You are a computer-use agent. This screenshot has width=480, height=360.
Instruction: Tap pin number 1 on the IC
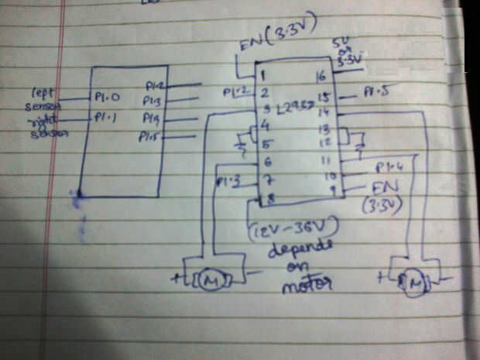click(264, 77)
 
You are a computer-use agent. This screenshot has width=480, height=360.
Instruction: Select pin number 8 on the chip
click(270, 199)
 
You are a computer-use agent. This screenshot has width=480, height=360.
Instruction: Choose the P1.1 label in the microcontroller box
click(105, 118)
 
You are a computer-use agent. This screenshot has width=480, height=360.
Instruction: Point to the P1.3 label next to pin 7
click(227, 182)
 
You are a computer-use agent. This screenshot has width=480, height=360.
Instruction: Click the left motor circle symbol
click(210, 279)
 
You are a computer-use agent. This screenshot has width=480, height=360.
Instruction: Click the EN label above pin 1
click(252, 48)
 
